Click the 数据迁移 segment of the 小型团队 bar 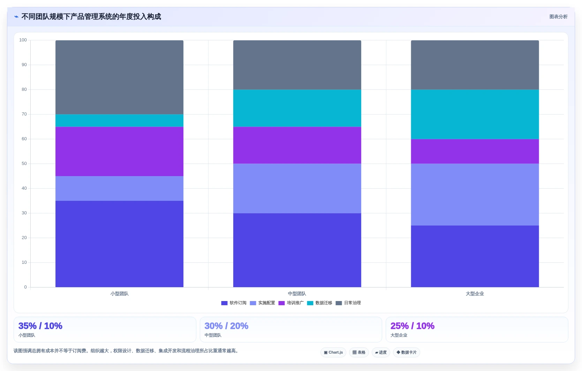(119, 120)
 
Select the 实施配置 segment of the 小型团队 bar (119, 189)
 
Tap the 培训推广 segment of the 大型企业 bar (475, 151)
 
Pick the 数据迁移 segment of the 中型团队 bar (297, 108)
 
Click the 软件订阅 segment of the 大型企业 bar (475, 256)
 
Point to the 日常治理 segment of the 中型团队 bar (297, 65)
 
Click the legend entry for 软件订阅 (234, 303)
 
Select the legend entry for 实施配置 (262, 303)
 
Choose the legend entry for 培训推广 (291, 303)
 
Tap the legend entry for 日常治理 (348, 303)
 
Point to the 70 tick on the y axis (24, 114)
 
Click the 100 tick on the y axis (23, 40)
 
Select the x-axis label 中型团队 (297, 294)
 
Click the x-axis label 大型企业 (475, 294)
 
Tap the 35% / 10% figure (40, 326)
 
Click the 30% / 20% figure (226, 326)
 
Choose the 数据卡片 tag (407, 352)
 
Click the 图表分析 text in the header (558, 17)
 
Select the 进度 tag (381, 352)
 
